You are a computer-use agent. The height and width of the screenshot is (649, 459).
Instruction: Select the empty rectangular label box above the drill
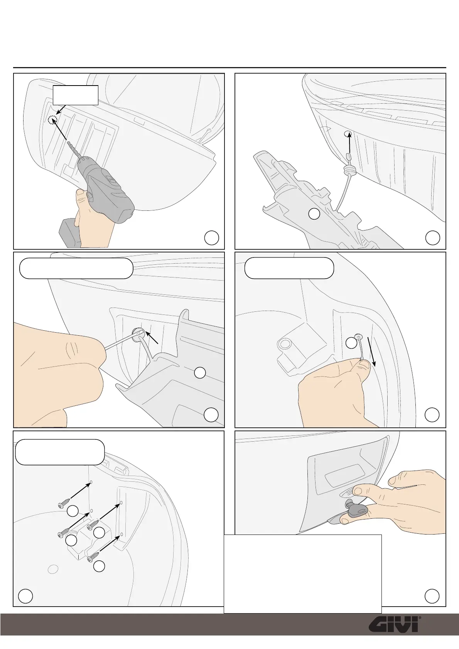point(75,95)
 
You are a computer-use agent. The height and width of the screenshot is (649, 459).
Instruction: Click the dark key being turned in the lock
point(357,511)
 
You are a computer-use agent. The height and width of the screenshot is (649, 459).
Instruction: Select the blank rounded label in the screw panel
point(60,452)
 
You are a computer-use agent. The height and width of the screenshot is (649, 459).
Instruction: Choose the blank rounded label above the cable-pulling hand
point(289,268)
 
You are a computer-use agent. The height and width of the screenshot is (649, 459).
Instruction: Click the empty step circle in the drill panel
point(211,238)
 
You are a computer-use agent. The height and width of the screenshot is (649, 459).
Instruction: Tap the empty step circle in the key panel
point(432,596)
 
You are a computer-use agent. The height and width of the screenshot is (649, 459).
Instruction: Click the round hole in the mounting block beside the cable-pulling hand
point(285,343)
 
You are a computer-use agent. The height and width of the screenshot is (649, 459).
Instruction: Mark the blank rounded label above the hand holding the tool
point(76,268)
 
